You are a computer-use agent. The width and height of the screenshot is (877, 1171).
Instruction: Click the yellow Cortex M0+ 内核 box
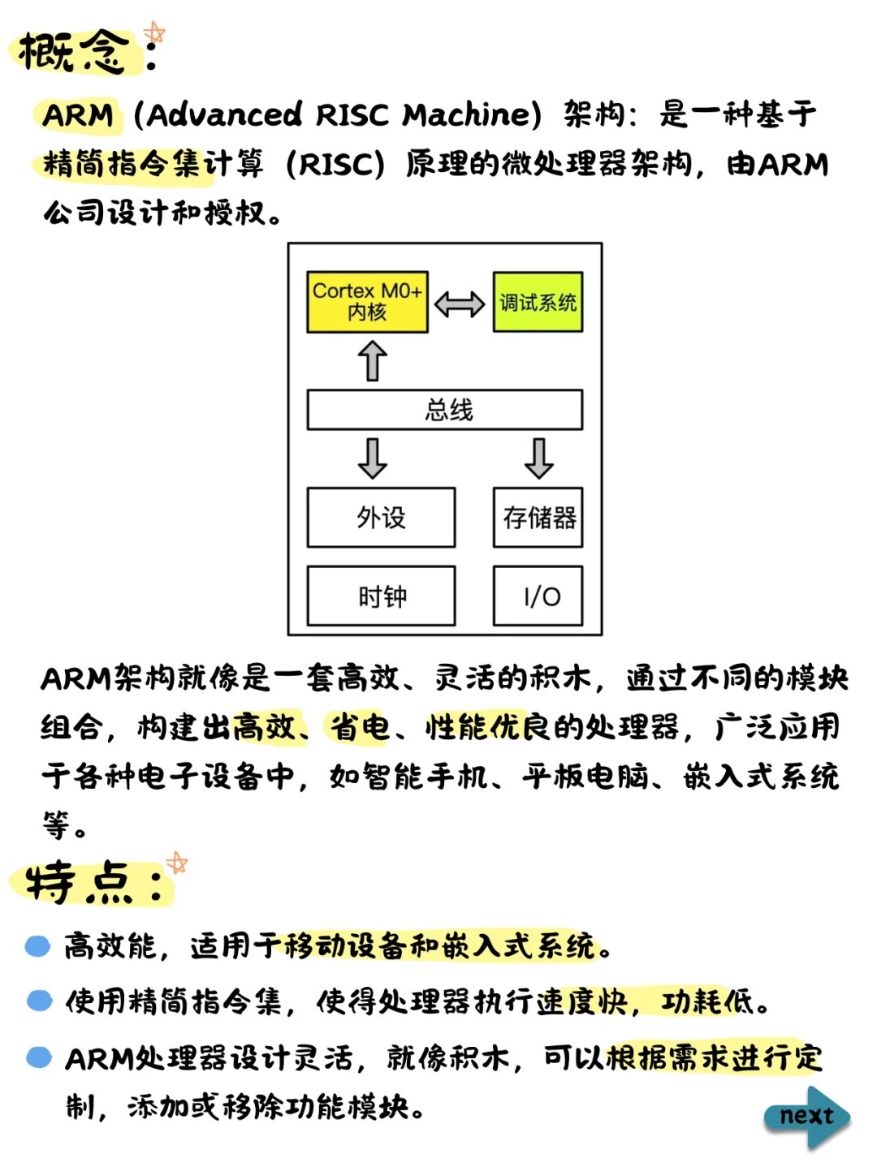pos(367,302)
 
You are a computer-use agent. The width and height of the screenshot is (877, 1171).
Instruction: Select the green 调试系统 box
pos(538,302)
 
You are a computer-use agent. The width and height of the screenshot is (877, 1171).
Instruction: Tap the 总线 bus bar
pos(444,410)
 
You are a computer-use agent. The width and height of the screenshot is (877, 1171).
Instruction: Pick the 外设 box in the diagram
pos(380,518)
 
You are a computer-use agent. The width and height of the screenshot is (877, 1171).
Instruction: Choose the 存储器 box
pos(538,518)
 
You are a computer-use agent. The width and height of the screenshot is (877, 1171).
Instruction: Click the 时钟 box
pos(380,596)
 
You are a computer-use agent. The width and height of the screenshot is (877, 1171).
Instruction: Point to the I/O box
pos(538,596)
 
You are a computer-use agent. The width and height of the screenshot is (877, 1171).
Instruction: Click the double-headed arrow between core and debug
pos(460,304)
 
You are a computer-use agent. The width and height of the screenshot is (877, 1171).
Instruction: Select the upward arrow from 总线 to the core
pos(373,360)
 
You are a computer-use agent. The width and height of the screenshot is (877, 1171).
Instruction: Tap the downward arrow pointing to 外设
pos(373,458)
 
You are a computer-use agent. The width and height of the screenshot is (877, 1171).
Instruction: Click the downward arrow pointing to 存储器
pos(538,458)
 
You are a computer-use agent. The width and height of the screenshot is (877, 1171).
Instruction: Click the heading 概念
pos(73,53)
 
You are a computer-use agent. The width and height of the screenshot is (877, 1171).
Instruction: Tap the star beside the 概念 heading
pos(154,33)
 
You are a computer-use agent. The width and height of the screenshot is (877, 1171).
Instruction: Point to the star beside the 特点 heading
pos(176,863)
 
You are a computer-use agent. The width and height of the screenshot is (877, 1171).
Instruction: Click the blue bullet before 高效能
pos(38,946)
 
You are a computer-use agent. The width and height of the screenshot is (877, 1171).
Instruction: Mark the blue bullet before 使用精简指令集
pos(39,1001)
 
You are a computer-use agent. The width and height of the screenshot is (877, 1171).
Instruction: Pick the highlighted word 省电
pos(359,727)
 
